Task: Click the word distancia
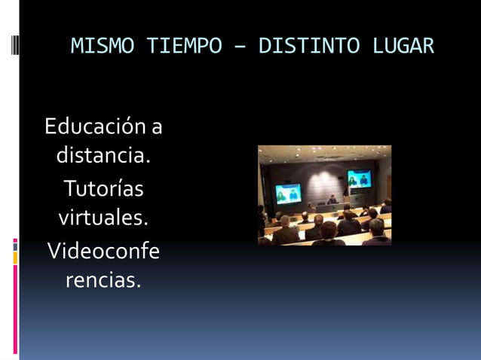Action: click(x=103, y=157)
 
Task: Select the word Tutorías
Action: click(x=103, y=188)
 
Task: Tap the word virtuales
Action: click(x=103, y=218)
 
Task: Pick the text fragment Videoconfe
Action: click(x=103, y=250)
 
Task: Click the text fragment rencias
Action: click(x=103, y=281)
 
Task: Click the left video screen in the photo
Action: click(x=288, y=193)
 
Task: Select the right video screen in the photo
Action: click(x=359, y=178)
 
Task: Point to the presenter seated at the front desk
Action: click(x=332, y=200)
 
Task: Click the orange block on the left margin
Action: click(x=15, y=258)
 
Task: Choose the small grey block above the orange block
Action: click(x=15, y=245)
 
